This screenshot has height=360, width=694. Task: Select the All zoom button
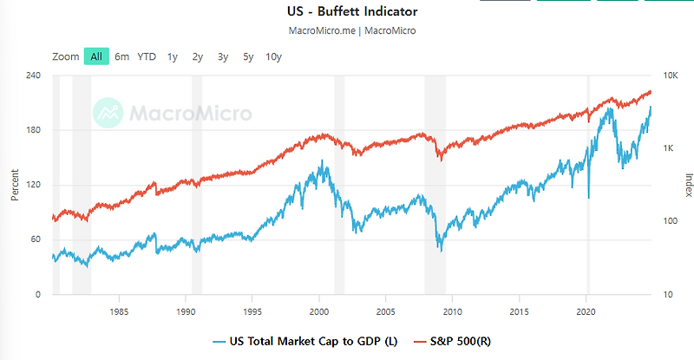tap(95, 56)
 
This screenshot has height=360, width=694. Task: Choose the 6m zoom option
tap(121, 56)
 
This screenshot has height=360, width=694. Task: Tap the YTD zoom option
tap(147, 56)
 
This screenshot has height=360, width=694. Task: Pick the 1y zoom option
tap(173, 56)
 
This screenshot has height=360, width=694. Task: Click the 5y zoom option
tap(248, 56)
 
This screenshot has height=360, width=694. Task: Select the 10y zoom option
tap(273, 56)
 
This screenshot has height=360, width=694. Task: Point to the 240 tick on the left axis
tap(34, 76)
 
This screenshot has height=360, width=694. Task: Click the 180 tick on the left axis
tap(34, 131)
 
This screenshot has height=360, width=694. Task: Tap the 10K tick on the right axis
tap(670, 76)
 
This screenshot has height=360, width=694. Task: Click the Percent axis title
tap(15, 186)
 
